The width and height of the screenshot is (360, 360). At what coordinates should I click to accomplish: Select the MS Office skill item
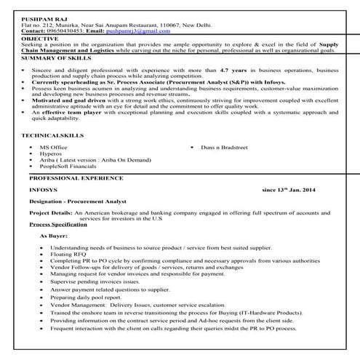(54, 148)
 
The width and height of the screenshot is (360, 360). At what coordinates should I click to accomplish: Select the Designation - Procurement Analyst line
(78, 201)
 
